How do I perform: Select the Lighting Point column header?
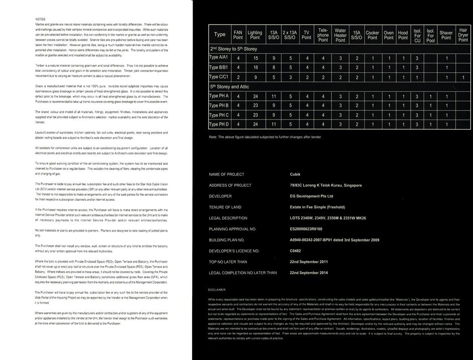255,35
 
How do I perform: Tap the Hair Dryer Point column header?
463,34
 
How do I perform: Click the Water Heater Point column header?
340,35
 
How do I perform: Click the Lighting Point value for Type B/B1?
255,67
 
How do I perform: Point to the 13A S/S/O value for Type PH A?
273,96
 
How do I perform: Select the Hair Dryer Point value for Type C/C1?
463,77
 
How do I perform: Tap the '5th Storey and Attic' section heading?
230,86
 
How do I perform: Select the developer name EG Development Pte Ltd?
311,196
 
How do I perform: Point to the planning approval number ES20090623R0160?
309,229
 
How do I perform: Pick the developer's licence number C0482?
296,251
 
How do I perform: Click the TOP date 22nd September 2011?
308,262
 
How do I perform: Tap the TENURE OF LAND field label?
225,207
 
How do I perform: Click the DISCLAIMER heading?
217,290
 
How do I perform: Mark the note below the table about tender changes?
265,137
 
